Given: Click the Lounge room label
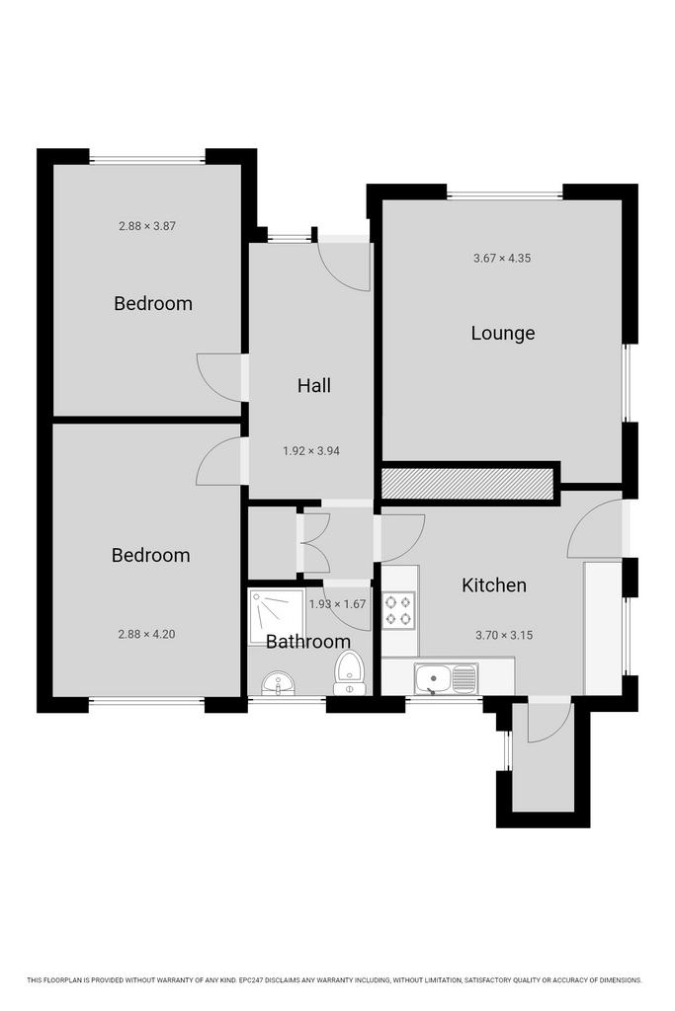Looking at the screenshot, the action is coord(503,334).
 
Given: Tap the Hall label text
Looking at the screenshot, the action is coord(314,386).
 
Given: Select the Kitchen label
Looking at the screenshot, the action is coord(494,584).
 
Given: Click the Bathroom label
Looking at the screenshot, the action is coord(308,642).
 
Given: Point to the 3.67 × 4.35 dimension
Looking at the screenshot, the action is coord(502,258).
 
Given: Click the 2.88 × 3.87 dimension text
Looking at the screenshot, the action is coord(147,226).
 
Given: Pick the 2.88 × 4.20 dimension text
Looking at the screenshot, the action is coord(146,634).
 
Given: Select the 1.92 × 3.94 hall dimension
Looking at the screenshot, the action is coord(311,450).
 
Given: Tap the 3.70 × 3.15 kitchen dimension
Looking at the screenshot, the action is coord(504,635).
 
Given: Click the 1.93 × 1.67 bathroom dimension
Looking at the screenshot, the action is coord(338,604).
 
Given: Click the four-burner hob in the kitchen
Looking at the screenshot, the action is coord(397,610).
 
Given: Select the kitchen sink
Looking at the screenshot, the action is coord(446,679).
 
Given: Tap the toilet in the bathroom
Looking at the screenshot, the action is coord(349,672).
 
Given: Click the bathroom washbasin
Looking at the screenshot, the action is coord(278,682).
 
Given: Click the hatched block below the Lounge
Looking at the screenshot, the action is coord(467,484).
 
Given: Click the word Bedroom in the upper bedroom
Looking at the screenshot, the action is coord(153,303).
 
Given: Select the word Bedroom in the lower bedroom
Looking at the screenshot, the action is coord(151,555).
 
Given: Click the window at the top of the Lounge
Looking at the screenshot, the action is coord(505,194).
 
